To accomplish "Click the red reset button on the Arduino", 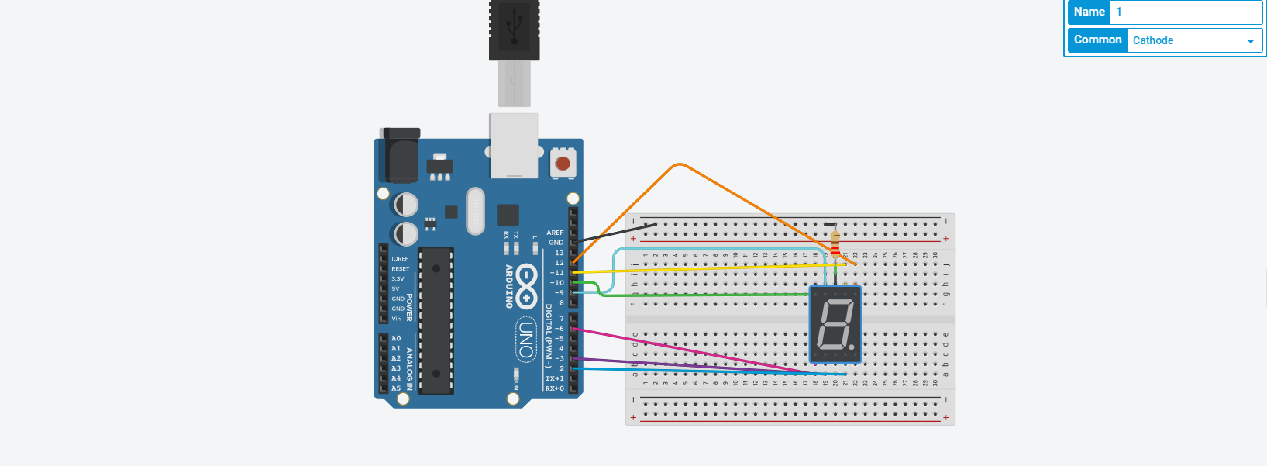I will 563,164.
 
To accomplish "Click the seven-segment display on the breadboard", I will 835,324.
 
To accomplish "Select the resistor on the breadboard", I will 835,242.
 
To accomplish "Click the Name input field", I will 1186,12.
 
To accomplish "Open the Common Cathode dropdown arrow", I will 1250,41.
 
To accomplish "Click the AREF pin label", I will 555,233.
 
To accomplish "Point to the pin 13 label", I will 559,253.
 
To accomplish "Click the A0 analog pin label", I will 396,339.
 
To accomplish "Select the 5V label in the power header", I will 395,288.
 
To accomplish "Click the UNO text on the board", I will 526,340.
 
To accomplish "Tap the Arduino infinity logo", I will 526,285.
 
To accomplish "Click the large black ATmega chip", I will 436,320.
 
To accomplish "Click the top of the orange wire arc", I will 679,164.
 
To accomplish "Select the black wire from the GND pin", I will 620,233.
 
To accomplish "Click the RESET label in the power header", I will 400,269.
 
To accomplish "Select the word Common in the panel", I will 1097,40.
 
